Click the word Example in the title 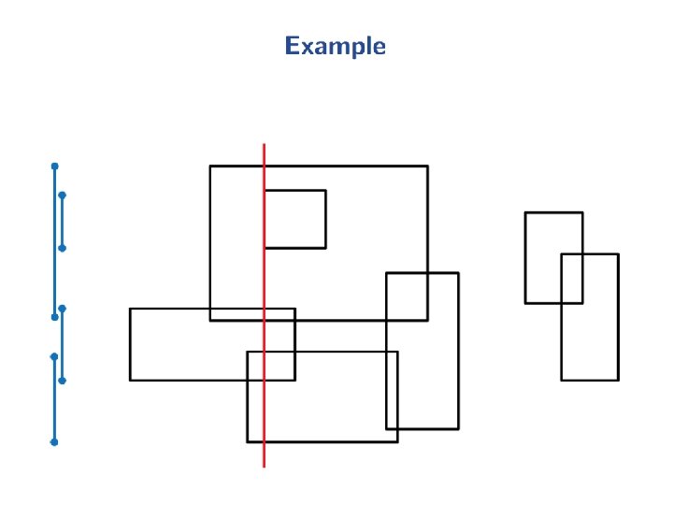[x=335, y=46]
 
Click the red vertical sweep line [x=264, y=411]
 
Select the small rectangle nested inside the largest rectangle [x=295, y=219]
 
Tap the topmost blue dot [x=54, y=166]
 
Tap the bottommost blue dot [x=54, y=441]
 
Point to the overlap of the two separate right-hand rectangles [x=572, y=278]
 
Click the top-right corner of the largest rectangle [x=427, y=166]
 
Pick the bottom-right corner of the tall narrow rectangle [x=458, y=428]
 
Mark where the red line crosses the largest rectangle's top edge [x=264, y=166]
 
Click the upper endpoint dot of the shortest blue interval [x=62, y=195]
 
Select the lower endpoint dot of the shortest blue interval [x=62, y=248]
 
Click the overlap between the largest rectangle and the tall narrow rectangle [x=407, y=296]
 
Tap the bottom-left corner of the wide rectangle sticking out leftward [x=130, y=380]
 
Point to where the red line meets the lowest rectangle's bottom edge [x=264, y=441]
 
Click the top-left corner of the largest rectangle [x=210, y=166]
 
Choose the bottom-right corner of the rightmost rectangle [x=618, y=380]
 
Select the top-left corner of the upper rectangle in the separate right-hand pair [x=525, y=213]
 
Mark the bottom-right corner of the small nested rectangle [x=325, y=248]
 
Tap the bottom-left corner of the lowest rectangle [x=248, y=441]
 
